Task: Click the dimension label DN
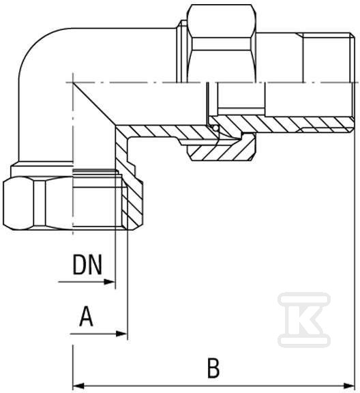pos(87,265)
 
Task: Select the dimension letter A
pos(86,317)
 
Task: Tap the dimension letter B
pos(213,368)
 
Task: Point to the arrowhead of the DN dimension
pos(110,282)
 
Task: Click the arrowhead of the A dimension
pos(122,334)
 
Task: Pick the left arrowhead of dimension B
pos(78,385)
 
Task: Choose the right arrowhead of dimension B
pos(349,385)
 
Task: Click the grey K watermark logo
pos(304,320)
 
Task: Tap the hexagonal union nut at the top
pos(222,43)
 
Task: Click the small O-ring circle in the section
pos(215,128)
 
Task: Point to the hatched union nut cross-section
pos(222,149)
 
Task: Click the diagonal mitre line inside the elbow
pos(94,104)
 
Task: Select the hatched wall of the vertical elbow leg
pos(122,163)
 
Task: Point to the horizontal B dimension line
pos(213,385)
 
